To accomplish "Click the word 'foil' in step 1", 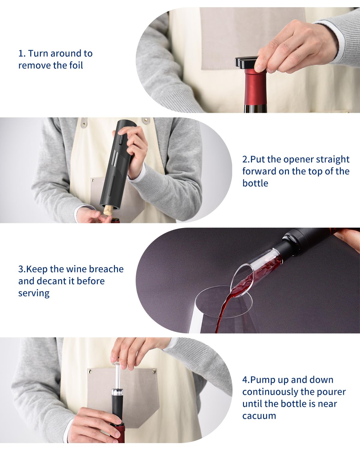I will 76,65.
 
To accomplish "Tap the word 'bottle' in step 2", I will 255,183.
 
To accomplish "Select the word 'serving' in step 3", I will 34,293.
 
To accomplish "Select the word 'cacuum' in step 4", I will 259,416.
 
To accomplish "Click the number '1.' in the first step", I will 22,53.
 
